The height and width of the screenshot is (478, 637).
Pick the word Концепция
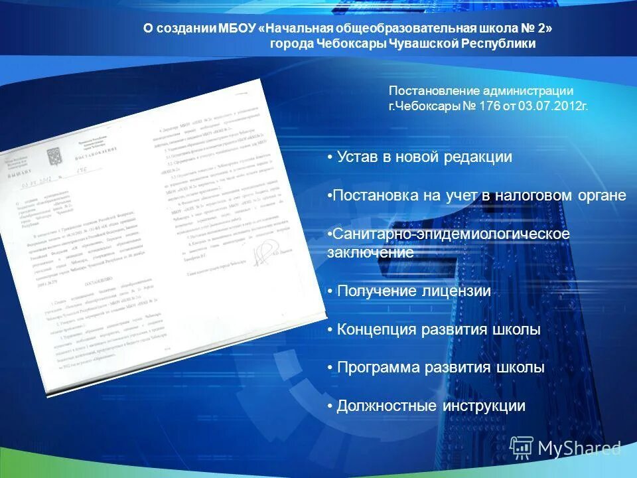tap(376, 330)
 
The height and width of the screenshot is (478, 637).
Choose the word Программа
tap(379, 368)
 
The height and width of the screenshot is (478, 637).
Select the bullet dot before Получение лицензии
tap(330, 291)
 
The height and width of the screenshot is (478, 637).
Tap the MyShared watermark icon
tap(522, 448)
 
